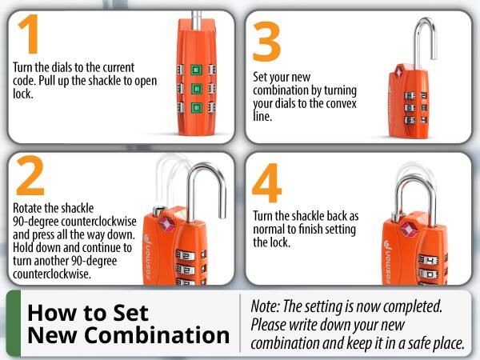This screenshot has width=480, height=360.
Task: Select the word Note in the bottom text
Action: [266, 306]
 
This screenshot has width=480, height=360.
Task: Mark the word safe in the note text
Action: [414, 342]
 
